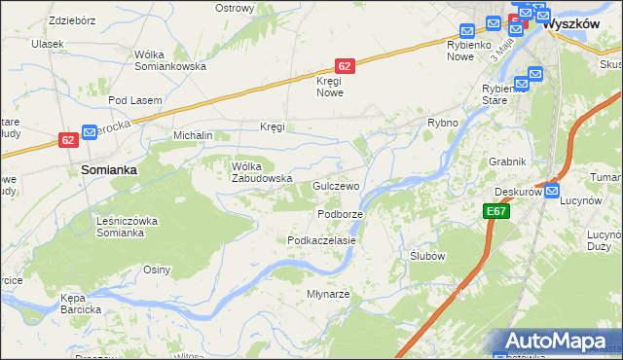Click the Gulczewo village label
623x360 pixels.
(x=337, y=186)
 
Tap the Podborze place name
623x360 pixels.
(x=340, y=214)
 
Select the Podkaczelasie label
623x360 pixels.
(x=321, y=240)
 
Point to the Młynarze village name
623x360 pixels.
(x=328, y=294)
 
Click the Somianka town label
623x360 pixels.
(x=107, y=168)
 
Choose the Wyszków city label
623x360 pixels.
(x=568, y=22)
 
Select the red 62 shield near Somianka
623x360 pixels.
(x=67, y=140)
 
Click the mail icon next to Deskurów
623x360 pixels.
(x=552, y=193)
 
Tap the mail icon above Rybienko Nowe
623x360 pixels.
(x=466, y=31)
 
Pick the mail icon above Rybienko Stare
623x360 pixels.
(x=521, y=84)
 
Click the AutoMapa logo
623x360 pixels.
(x=556, y=341)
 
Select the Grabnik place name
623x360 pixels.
(x=509, y=162)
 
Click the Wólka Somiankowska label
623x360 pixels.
(x=169, y=60)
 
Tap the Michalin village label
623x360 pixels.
(x=193, y=136)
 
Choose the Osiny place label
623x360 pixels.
(x=157, y=270)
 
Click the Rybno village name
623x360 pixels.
(x=443, y=124)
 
